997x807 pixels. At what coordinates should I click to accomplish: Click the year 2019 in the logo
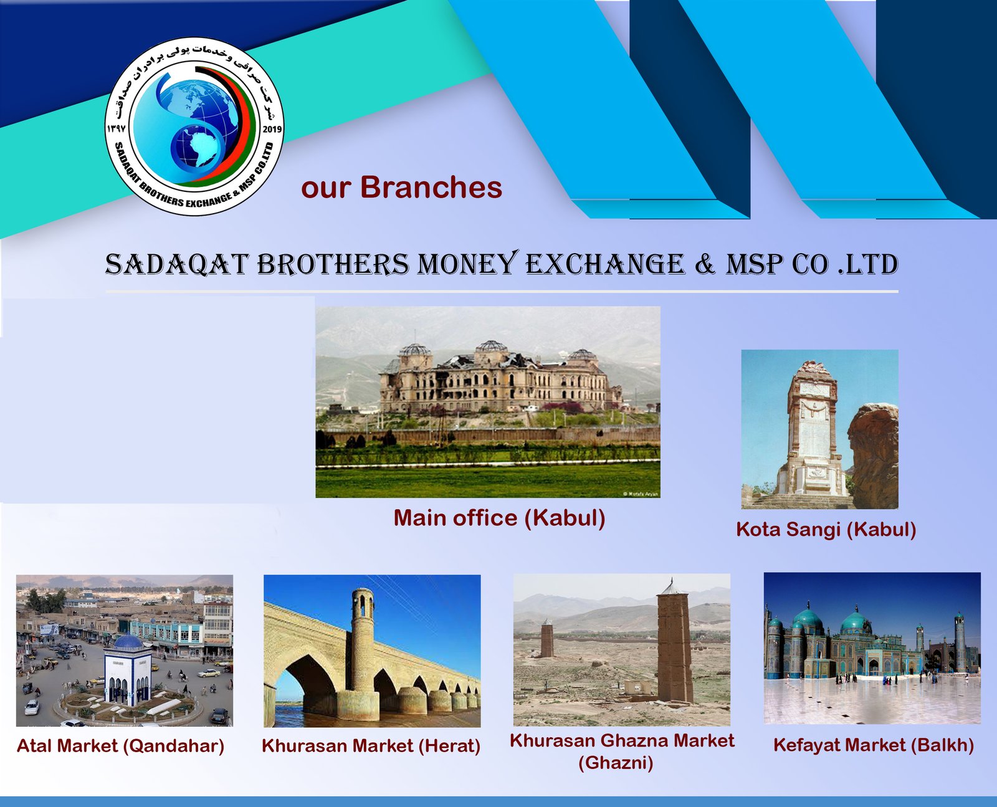272,129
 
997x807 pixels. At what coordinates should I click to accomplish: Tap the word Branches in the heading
431,187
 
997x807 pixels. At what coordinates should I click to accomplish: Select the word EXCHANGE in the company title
605,264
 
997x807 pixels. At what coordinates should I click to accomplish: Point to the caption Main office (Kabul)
500,518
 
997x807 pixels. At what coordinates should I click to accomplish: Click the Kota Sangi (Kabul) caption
826,530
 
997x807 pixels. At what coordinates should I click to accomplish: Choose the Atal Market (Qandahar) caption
121,746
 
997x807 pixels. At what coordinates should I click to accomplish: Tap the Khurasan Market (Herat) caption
371,746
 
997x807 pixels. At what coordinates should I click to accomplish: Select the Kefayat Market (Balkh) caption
874,745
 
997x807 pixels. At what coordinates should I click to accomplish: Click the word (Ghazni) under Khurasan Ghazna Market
616,763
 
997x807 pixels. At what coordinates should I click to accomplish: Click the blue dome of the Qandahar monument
128,642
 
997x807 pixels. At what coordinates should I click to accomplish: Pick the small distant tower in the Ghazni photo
546,637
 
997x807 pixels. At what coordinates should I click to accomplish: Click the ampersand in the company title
705,264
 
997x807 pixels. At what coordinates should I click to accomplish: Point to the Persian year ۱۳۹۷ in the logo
116,129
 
